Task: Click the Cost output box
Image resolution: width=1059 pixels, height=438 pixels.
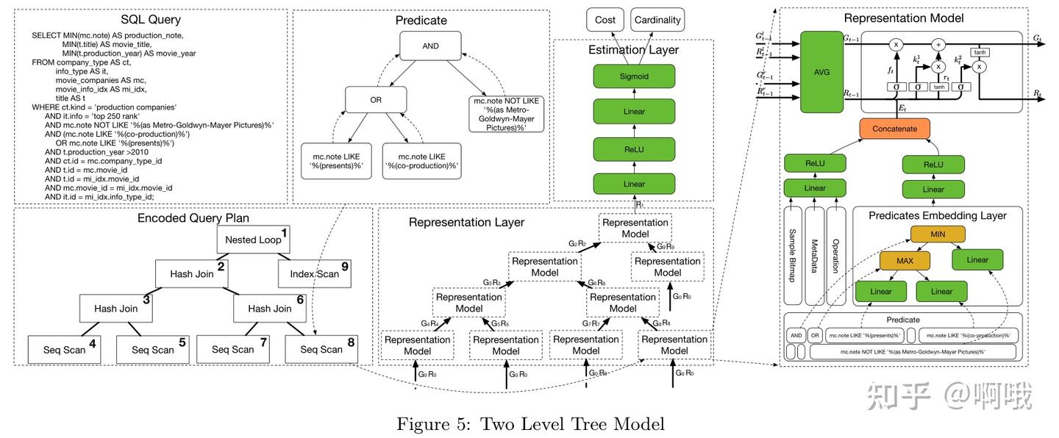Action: (605, 20)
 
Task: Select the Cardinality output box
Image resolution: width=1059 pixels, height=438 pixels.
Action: (657, 20)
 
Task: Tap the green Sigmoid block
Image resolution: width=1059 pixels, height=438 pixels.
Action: (634, 76)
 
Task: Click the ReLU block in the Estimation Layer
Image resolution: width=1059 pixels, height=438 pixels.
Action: (634, 148)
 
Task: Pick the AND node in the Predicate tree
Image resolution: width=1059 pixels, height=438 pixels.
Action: (430, 46)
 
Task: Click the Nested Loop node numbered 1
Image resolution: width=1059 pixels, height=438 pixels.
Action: (254, 239)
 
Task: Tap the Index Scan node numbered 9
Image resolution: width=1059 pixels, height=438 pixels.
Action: (314, 274)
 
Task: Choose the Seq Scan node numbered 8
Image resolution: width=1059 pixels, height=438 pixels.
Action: (321, 349)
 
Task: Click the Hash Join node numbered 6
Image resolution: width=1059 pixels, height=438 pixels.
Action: (270, 309)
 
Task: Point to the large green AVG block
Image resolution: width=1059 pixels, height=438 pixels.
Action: (822, 72)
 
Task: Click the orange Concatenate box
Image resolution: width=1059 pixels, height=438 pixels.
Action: (894, 129)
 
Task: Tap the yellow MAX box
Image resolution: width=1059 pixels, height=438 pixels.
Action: (904, 260)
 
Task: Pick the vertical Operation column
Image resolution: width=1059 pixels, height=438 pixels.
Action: (835, 256)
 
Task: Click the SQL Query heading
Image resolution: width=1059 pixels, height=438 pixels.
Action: (150, 20)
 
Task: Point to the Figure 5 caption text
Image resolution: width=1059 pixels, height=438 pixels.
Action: (530, 424)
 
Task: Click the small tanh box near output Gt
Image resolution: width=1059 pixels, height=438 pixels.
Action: (979, 52)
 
